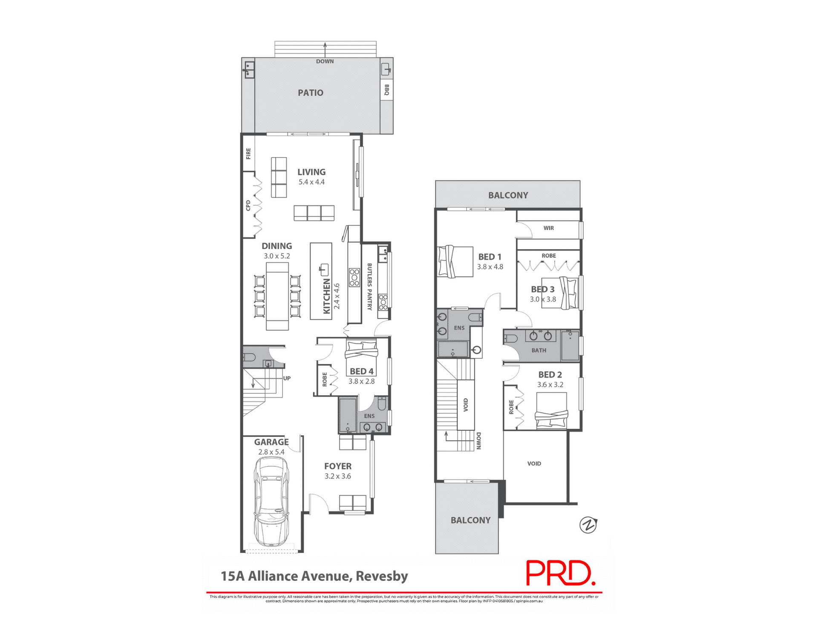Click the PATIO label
click(x=310, y=92)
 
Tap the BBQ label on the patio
click(x=386, y=90)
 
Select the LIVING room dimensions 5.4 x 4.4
click(x=311, y=182)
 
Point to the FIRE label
click(x=248, y=153)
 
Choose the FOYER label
click(x=337, y=466)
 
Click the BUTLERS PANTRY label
click(x=369, y=286)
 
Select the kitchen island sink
click(x=324, y=269)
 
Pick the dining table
click(x=277, y=296)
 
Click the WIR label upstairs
click(x=548, y=228)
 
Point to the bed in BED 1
click(x=455, y=262)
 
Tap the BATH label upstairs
click(x=539, y=350)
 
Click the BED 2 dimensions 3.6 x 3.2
click(x=550, y=384)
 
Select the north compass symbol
click(x=588, y=525)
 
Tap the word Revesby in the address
click(x=382, y=576)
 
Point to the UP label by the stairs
click(x=287, y=378)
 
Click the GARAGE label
click(x=271, y=442)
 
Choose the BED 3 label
click(x=542, y=289)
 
